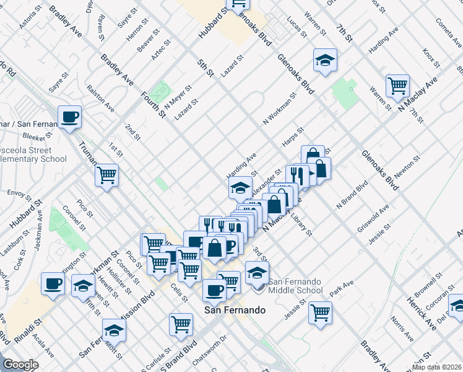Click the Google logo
click(x=20, y=365)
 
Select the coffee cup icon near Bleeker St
click(x=69, y=116)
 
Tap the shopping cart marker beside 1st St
click(x=107, y=175)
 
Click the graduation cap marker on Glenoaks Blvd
click(x=325, y=60)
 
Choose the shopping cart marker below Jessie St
click(x=320, y=311)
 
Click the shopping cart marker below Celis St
click(x=181, y=323)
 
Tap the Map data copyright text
click(x=436, y=367)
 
